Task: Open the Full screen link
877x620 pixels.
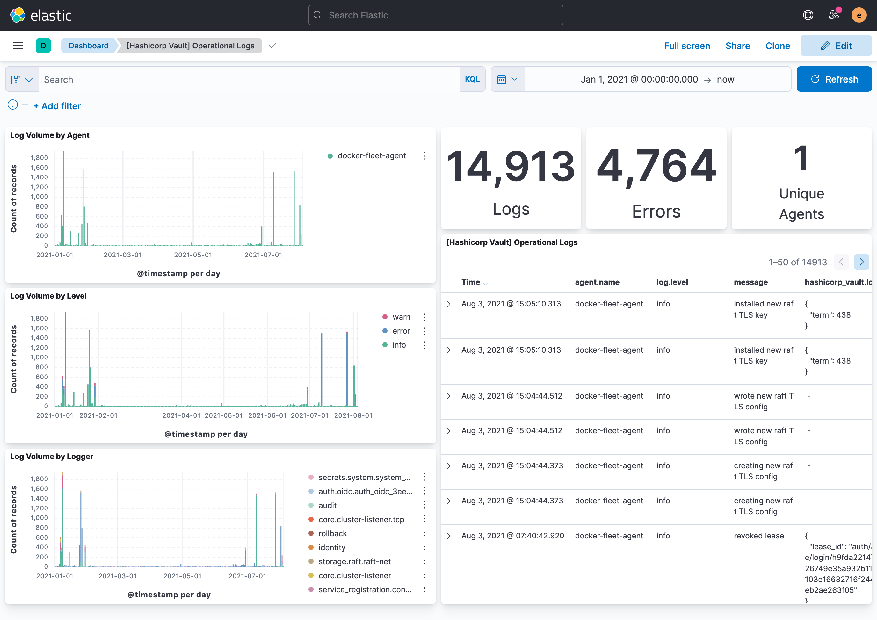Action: click(x=686, y=46)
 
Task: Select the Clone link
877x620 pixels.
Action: click(x=777, y=46)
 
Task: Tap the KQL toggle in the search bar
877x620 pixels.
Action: click(x=472, y=79)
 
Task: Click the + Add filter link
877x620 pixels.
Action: click(x=57, y=106)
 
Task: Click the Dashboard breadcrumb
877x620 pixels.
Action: click(x=88, y=46)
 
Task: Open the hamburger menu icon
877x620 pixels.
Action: click(x=18, y=46)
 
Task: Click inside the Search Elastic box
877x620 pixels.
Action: click(x=435, y=15)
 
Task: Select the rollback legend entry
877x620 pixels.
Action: click(x=332, y=533)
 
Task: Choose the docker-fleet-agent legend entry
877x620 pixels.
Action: click(x=371, y=156)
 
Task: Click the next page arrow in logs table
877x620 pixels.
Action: click(x=861, y=262)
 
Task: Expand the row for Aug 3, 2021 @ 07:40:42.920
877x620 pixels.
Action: click(x=449, y=536)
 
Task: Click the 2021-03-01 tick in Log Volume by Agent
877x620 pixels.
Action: click(x=123, y=255)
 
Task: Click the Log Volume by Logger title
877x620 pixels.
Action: click(x=52, y=456)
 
